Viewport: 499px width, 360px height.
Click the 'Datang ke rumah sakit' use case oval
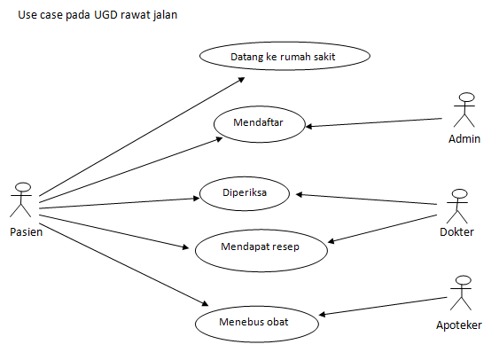pos(285,57)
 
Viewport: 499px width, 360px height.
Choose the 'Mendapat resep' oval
pos(260,247)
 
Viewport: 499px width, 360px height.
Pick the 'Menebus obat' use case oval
pos(253,320)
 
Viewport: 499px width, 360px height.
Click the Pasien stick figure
pos(23,200)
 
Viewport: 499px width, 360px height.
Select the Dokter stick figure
pos(457,206)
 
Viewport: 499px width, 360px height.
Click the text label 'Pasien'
pos(26,232)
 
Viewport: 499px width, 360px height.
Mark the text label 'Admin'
pos(464,139)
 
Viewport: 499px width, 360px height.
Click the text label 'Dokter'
pos(456,233)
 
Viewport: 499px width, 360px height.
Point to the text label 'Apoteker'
pos(459,325)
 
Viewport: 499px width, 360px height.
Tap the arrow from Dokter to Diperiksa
pos(368,199)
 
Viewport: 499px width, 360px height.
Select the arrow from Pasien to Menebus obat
pos(124,262)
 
